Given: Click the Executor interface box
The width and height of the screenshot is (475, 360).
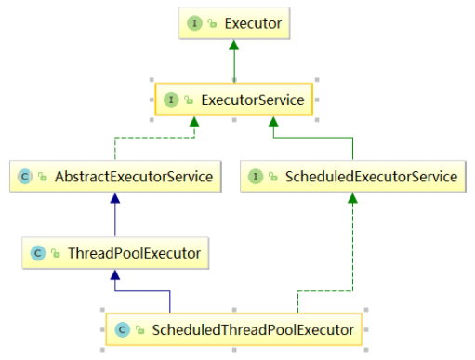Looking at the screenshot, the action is (234, 23).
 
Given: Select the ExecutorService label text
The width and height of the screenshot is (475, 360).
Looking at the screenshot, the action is (253, 100).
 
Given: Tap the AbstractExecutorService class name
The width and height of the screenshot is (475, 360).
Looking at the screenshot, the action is (134, 177).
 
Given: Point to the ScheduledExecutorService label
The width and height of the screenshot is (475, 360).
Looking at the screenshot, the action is (371, 177).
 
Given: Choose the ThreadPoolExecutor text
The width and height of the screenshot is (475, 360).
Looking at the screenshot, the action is (135, 253).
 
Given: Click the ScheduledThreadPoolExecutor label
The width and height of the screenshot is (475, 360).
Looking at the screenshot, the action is (253, 330).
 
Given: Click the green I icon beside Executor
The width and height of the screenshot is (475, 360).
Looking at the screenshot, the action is (194, 23).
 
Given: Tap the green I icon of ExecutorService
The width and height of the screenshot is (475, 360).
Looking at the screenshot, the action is (171, 100).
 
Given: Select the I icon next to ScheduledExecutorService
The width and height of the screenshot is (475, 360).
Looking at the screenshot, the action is (256, 177).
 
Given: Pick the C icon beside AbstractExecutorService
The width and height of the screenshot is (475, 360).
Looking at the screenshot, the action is (25, 177).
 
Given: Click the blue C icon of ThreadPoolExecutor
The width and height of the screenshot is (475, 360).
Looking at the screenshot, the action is (38, 253).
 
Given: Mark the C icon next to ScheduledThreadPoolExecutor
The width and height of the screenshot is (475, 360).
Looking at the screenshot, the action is (122, 330).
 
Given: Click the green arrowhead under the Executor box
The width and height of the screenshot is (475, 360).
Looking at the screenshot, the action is (234, 45).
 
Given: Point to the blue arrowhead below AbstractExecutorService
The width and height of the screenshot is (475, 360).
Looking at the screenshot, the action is (115, 198).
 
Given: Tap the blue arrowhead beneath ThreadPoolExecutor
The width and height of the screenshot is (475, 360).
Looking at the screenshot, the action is (115, 275).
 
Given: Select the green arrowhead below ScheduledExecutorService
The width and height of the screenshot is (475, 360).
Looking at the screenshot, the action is (352, 198).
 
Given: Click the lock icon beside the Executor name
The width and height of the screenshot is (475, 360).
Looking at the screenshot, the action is (212, 23).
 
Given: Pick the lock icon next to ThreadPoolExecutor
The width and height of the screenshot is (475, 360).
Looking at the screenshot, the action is (56, 253).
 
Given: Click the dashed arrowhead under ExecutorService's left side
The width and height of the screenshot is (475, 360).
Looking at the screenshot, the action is (194, 122).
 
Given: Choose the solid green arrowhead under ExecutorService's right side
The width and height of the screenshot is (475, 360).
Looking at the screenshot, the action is (273, 122).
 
